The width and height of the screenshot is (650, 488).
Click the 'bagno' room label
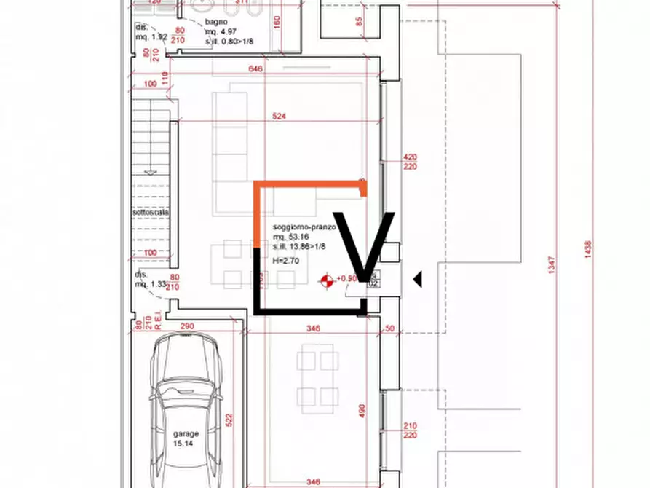[x=215, y=22]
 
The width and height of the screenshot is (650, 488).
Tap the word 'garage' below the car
[x=185, y=433]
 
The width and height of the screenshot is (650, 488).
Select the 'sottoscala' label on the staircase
[x=151, y=213]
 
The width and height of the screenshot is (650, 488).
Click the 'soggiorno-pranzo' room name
[x=304, y=227]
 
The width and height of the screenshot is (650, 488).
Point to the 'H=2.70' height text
[x=285, y=260]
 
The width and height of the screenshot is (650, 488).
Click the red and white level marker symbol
[x=327, y=280]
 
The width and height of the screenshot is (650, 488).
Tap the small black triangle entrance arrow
[x=417, y=279]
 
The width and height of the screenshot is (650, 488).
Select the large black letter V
[x=365, y=244]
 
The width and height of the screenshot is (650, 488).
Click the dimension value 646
[x=255, y=69]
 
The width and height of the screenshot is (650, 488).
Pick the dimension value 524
[x=279, y=117]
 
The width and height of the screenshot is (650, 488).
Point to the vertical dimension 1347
[x=550, y=263]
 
